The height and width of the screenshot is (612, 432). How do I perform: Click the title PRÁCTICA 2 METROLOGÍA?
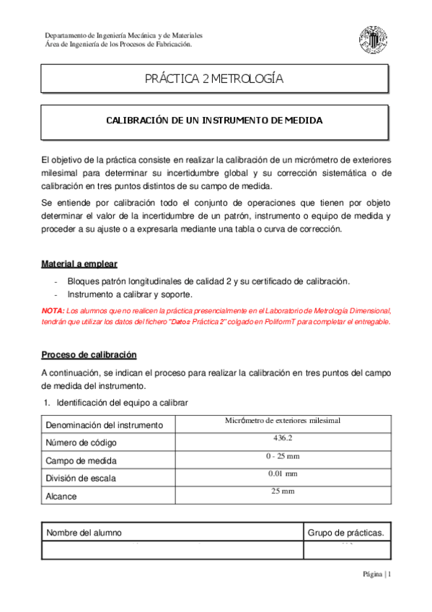tap(214, 79)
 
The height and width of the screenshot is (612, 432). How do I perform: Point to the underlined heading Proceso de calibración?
tap(89, 355)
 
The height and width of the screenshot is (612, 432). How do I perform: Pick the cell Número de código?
tap(81, 442)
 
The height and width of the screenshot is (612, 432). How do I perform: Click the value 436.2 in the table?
tap(282, 438)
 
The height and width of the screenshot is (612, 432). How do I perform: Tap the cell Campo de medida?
tap(81, 460)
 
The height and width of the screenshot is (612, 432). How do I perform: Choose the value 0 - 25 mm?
tap(282, 455)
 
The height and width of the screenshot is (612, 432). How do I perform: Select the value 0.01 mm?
tap(282, 473)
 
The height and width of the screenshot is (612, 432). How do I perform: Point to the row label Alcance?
tap(61, 497)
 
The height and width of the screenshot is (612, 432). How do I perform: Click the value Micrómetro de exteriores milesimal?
tap(282, 419)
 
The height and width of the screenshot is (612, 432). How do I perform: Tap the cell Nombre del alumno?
tap(84, 533)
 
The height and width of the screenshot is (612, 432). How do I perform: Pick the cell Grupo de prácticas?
tap(345, 533)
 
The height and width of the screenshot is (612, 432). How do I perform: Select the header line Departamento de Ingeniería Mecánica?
tap(123, 35)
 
